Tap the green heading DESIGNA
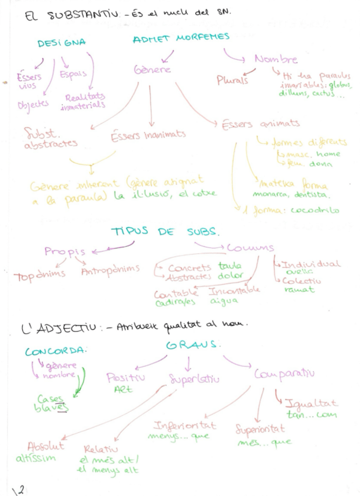(x=61, y=43)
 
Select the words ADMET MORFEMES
(x=181, y=39)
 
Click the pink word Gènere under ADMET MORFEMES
(x=152, y=70)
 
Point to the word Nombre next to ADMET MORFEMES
(x=276, y=59)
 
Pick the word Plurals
(x=232, y=80)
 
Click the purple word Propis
(x=64, y=252)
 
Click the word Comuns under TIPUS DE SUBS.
(x=251, y=248)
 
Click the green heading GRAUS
(x=192, y=345)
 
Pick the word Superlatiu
(x=194, y=380)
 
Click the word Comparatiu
(x=284, y=373)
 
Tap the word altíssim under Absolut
(x=36, y=457)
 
